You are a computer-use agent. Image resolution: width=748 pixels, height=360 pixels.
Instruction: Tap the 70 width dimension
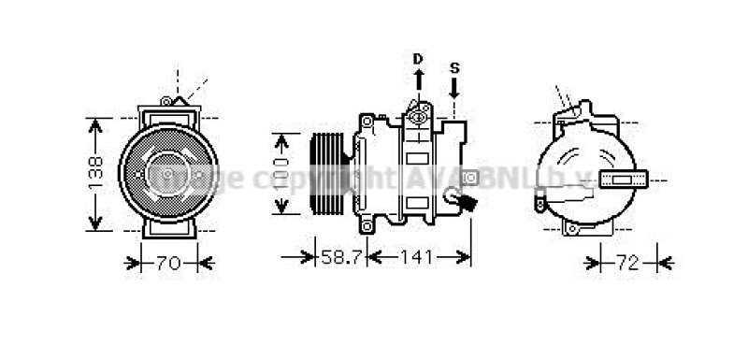coord(167,263)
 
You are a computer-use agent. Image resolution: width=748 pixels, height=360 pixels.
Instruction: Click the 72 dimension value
coord(627,263)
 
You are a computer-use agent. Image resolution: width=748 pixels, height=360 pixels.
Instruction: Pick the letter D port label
coord(418,58)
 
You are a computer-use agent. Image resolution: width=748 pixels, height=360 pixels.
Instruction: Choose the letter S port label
coord(454,67)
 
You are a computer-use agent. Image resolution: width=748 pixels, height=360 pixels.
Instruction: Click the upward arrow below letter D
coord(418,79)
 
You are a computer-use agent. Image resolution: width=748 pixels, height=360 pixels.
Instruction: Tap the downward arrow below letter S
coord(454,89)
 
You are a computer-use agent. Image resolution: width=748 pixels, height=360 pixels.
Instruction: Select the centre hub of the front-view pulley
coord(169,174)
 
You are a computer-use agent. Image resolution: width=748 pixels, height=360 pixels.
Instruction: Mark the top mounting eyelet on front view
coord(166,101)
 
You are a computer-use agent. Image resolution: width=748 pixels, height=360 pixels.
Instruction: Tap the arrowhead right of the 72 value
coord(663,263)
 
